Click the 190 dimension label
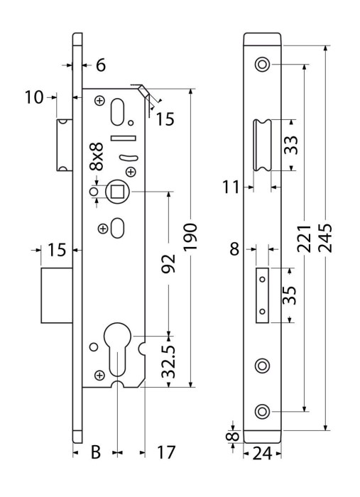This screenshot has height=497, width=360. pos(190,236)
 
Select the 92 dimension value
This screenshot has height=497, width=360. pos(168,263)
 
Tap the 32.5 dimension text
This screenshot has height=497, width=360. pos(168,361)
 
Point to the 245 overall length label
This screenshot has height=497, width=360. pos(325,238)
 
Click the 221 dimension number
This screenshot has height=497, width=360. pos(304,238)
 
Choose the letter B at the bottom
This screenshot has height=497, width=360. pos(96,452)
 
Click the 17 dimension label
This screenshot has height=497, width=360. pos(166,452)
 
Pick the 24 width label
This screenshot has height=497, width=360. pos(263,454)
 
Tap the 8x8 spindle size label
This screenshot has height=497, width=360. pos(97,157)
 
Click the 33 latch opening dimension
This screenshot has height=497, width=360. pos(291,145)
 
